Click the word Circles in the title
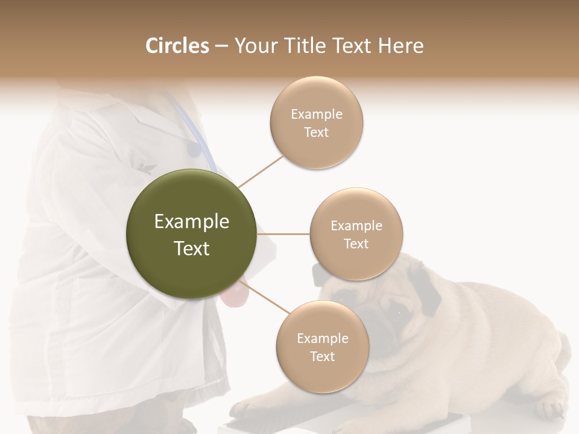177,46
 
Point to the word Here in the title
400,46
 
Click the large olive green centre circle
191,234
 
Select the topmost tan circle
316,122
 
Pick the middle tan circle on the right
356,234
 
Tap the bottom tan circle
322,347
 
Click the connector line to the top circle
261,171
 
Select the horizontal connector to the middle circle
283,234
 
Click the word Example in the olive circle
191,221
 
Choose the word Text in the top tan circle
316,133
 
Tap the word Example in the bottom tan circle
322,338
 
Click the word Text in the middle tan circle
356,244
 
